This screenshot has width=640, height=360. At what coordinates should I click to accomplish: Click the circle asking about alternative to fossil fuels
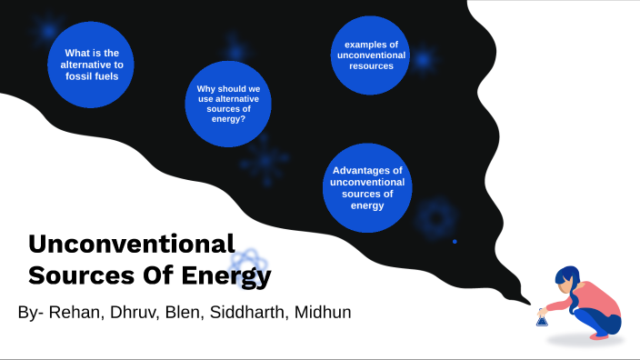click(91, 64)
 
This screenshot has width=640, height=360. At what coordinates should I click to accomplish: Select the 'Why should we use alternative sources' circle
click(229, 104)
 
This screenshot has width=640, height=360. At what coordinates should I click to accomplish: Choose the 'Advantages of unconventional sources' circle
click(368, 187)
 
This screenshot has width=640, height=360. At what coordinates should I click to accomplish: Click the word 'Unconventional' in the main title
click(132, 244)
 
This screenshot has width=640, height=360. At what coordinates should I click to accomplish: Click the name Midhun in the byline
click(321, 313)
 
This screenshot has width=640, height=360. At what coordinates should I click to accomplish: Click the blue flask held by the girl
click(542, 318)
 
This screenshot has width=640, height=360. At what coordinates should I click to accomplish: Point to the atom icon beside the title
click(246, 266)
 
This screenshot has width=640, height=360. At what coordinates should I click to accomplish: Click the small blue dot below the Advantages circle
click(455, 241)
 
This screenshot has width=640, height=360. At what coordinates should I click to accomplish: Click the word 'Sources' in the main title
click(69, 274)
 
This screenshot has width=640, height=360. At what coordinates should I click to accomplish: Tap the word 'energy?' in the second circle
click(229, 119)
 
